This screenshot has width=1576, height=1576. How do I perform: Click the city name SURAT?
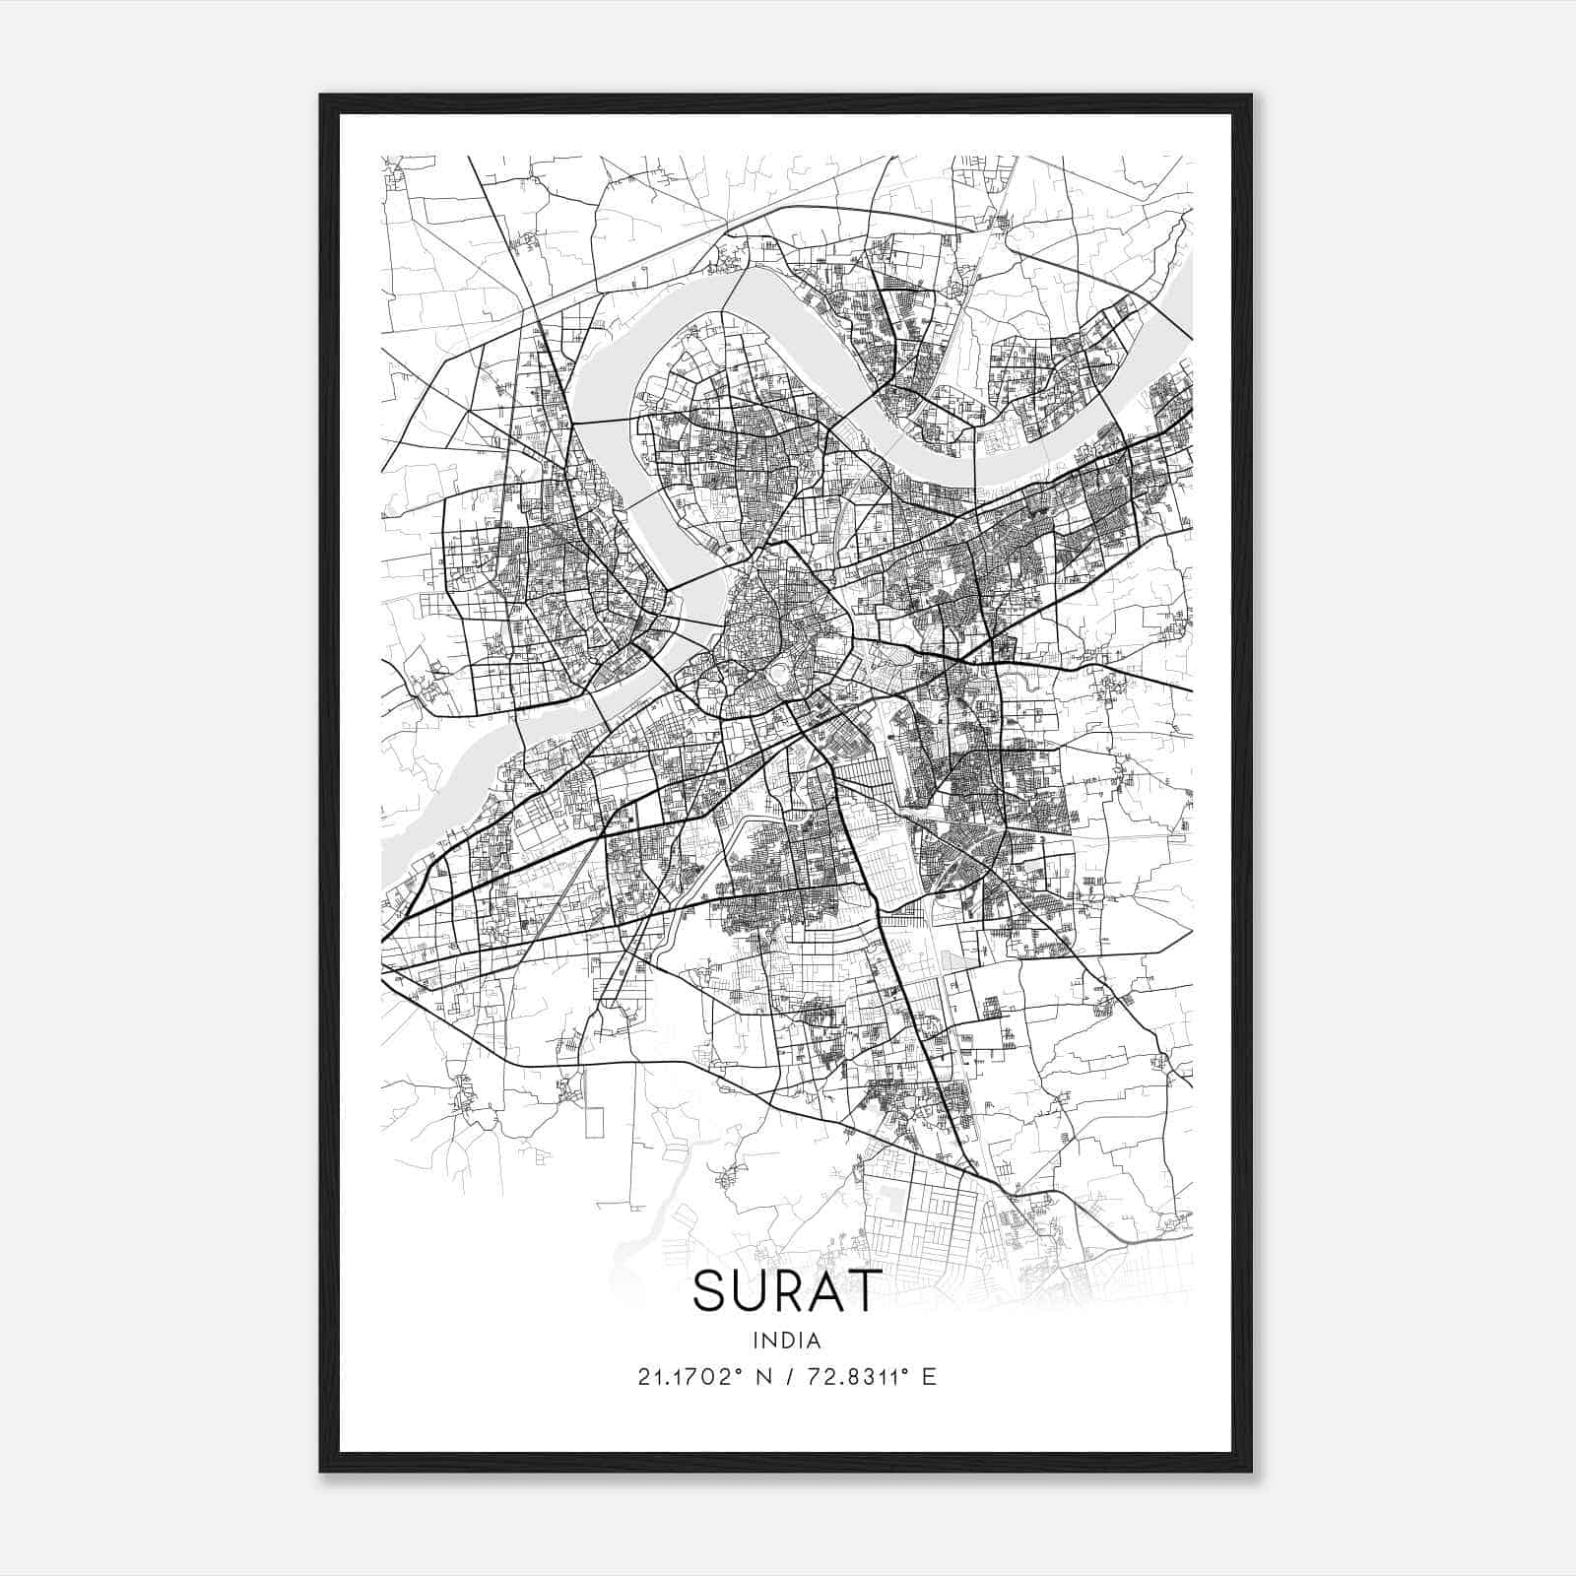785,1290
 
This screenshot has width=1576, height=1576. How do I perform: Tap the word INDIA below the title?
786,1340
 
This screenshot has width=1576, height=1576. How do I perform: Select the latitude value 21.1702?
685,1377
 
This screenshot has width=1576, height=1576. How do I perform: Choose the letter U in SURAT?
748,1290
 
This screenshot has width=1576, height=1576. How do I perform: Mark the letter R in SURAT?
786,1290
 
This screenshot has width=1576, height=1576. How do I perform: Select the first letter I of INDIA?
755,1340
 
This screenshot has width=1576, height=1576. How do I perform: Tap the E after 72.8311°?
928,1377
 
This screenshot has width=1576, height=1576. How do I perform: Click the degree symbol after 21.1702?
739,1371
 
